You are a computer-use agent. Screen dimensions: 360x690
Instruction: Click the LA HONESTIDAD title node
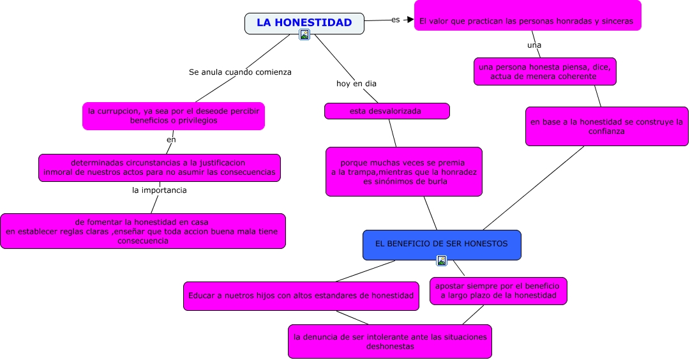coord(304,23)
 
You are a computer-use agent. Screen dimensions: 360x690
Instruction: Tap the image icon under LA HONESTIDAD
coord(304,34)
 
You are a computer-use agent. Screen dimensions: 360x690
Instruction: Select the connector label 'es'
coord(395,20)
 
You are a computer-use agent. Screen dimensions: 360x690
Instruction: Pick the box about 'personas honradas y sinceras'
coord(527,20)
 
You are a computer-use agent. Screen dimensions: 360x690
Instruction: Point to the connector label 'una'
coord(534,45)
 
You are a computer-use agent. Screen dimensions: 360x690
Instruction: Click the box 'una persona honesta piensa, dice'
coord(544,71)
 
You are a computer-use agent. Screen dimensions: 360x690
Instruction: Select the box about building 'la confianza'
coord(606,126)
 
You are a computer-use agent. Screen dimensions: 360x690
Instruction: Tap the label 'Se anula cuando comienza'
coord(240,72)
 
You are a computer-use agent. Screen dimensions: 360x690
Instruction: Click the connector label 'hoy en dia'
coord(356,84)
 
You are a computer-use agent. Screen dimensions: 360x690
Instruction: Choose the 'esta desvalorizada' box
coord(387,111)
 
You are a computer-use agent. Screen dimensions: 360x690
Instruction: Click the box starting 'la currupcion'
coord(174,116)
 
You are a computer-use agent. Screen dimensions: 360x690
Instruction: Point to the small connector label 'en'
coord(171,139)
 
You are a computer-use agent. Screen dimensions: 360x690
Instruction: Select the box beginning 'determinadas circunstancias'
coord(159,167)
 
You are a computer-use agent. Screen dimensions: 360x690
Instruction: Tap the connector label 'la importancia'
coord(160,190)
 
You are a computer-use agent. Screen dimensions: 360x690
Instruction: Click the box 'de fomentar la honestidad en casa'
coord(143,231)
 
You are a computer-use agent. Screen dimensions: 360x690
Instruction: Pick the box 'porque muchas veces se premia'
coord(404,172)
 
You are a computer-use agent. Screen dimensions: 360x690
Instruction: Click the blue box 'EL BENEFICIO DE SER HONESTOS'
coord(442,244)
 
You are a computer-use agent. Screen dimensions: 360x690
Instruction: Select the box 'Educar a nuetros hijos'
coord(301,296)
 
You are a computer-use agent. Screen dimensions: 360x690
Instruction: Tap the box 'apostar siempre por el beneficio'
coord(498,290)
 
